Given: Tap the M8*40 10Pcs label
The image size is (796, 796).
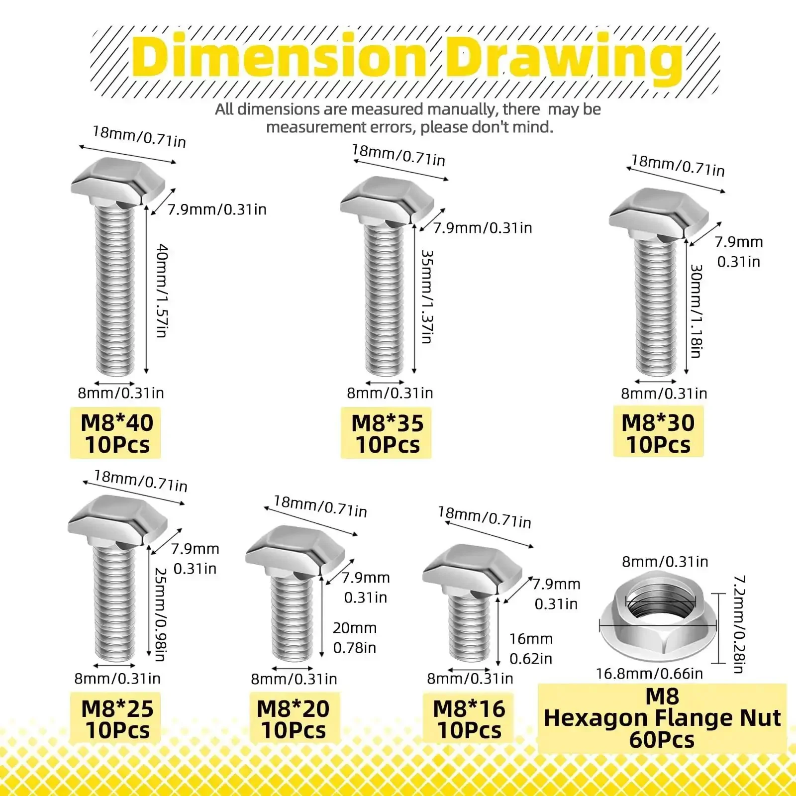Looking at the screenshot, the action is pyautogui.click(x=117, y=433).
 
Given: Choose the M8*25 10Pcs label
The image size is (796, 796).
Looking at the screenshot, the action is pyautogui.click(x=117, y=719).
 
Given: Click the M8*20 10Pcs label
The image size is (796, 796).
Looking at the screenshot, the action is pyautogui.click(x=293, y=719).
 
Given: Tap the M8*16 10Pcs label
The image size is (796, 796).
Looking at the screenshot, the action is pyautogui.click(x=469, y=719).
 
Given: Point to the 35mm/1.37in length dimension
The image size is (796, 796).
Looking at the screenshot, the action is pyautogui.click(x=427, y=297).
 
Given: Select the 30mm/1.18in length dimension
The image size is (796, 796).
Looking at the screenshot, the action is pyautogui.click(x=696, y=311).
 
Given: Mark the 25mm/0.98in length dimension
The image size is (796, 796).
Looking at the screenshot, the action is pyautogui.click(x=160, y=614).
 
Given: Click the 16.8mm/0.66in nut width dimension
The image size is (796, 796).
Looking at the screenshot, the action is pyautogui.click(x=650, y=674).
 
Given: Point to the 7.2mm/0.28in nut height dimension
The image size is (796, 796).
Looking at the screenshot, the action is pyautogui.click(x=740, y=625).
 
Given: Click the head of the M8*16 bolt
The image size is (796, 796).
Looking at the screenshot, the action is pyautogui.click(x=472, y=570).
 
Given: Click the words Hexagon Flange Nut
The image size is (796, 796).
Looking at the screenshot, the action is pyautogui.click(x=662, y=718).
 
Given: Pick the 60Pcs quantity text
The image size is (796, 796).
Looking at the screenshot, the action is pyautogui.click(x=662, y=740).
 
